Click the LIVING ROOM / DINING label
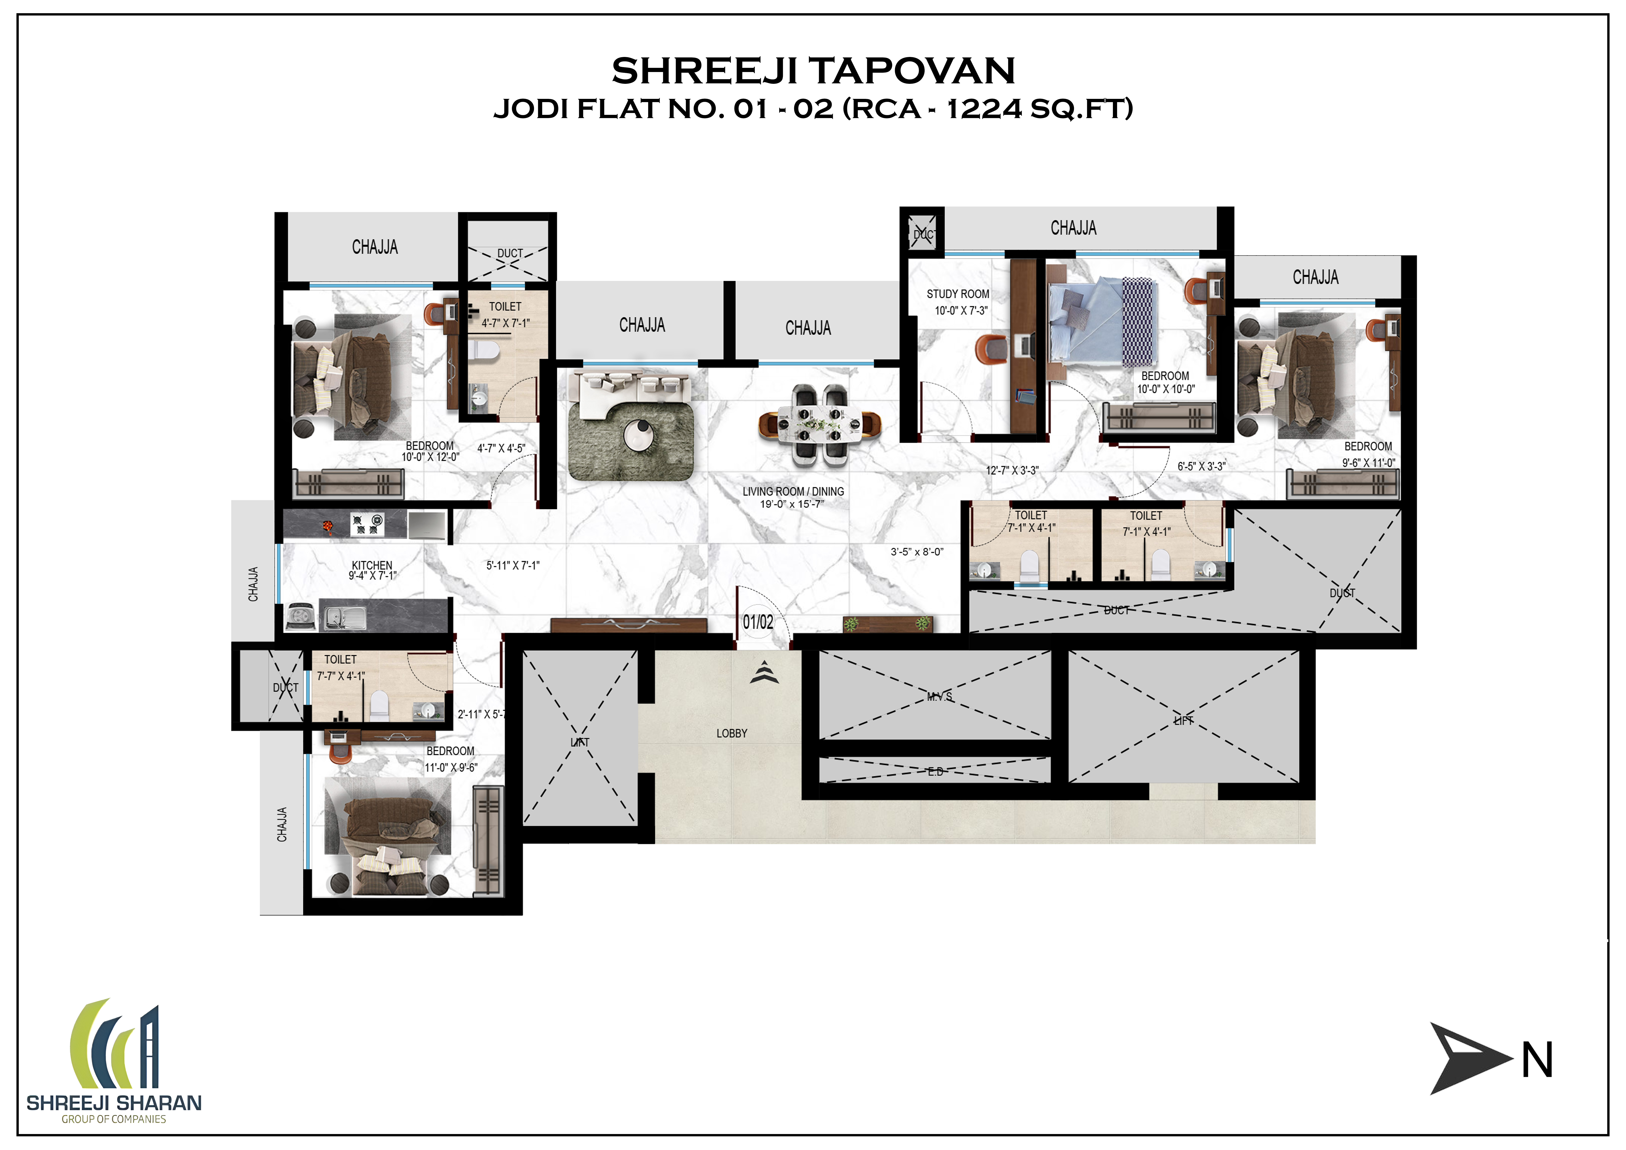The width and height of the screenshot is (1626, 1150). [x=793, y=492]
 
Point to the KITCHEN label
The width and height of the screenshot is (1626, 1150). [x=372, y=565]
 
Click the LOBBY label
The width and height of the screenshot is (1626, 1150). [x=731, y=734]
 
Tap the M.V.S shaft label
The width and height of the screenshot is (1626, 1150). [x=940, y=697]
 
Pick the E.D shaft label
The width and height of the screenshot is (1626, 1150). [x=935, y=772]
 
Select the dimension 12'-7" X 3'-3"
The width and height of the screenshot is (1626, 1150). [x=1013, y=470]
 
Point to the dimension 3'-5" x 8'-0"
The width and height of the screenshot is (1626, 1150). [x=917, y=552]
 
